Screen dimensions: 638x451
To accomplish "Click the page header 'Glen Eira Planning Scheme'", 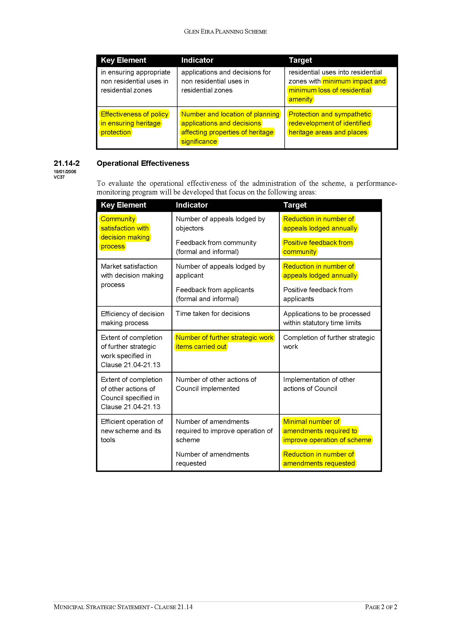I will tap(225, 32).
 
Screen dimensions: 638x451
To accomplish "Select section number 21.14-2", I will tap(67, 163).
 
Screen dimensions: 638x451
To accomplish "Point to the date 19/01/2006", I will tap(65, 172).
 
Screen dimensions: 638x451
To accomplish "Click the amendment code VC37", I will tap(59, 177).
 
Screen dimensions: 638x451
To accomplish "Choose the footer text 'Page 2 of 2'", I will tap(381, 607).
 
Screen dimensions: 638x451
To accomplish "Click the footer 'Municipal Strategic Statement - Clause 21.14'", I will tap(123, 607).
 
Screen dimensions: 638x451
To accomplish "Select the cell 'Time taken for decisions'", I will tap(213, 313).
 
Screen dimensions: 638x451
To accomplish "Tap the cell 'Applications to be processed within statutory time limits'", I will tap(327, 318).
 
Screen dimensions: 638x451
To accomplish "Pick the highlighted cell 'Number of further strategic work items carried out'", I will tap(224, 342).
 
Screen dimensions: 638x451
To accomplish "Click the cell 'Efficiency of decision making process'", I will tap(133, 318).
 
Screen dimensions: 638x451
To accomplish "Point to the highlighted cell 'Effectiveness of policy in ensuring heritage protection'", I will tap(134, 123).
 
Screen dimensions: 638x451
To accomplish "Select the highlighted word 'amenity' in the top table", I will tap(300, 99).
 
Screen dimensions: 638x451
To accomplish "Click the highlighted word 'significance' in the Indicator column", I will tap(199, 142).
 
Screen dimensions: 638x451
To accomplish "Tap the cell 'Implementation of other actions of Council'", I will tap(319, 384).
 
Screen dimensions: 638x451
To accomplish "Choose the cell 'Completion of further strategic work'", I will tap(329, 342).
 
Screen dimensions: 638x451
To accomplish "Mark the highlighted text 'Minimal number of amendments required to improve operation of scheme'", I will tap(327, 431).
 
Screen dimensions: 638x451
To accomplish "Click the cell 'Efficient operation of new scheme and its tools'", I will tap(132, 431).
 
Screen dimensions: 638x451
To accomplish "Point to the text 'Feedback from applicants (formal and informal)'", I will tap(215, 294).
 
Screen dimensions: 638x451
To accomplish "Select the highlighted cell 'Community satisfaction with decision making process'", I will tap(125, 233).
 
